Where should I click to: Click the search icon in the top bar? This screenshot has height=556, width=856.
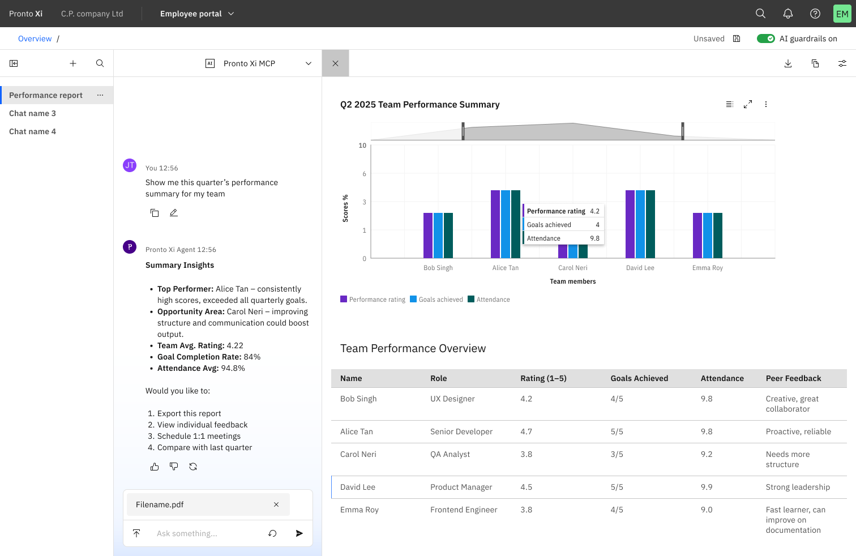click(760, 14)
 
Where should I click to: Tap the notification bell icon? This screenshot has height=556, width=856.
click(787, 14)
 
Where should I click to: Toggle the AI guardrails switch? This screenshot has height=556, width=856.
click(765, 39)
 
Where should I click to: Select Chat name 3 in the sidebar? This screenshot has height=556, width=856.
click(32, 113)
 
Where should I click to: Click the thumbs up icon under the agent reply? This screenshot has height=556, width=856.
click(155, 467)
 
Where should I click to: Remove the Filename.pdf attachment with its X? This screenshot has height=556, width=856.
click(276, 504)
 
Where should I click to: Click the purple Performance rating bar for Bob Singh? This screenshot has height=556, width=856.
click(428, 236)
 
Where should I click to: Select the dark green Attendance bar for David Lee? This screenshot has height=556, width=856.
click(650, 224)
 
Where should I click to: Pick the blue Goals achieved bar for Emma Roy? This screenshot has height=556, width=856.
click(708, 236)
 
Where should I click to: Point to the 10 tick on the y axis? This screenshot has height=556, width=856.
click(362, 146)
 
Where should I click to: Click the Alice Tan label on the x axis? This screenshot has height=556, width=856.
click(505, 268)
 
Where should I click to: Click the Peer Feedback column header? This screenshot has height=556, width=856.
click(793, 378)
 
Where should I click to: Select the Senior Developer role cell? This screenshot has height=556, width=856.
click(461, 431)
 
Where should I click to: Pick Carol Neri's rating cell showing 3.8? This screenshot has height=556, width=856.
click(526, 454)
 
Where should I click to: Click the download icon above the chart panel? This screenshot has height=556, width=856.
click(787, 63)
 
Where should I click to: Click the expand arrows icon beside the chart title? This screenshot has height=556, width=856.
click(748, 104)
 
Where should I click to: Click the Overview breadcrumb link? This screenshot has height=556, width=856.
click(35, 39)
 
